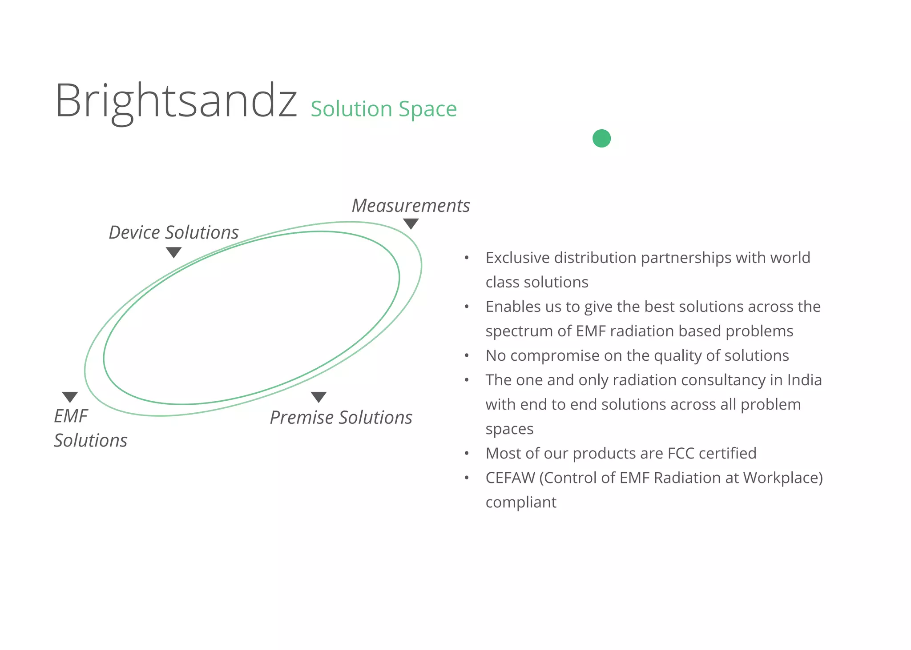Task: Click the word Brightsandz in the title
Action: point(176,101)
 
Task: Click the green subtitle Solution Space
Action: point(383,109)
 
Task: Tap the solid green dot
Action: point(601,138)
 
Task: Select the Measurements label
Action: point(411,206)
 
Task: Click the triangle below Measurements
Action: point(411,223)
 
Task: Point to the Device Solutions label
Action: point(173,232)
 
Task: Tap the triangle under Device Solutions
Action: point(173,252)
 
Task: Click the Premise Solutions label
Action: point(341,418)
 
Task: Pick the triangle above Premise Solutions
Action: point(318,397)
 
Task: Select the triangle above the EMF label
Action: point(70,397)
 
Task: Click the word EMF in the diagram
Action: point(71,416)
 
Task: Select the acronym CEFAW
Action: point(510,478)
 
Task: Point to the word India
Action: point(804,380)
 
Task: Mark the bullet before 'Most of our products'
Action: point(467,454)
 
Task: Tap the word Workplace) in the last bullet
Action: point(782,478)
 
